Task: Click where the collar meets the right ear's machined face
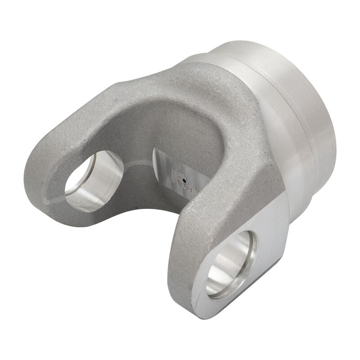[x=288, y=202]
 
